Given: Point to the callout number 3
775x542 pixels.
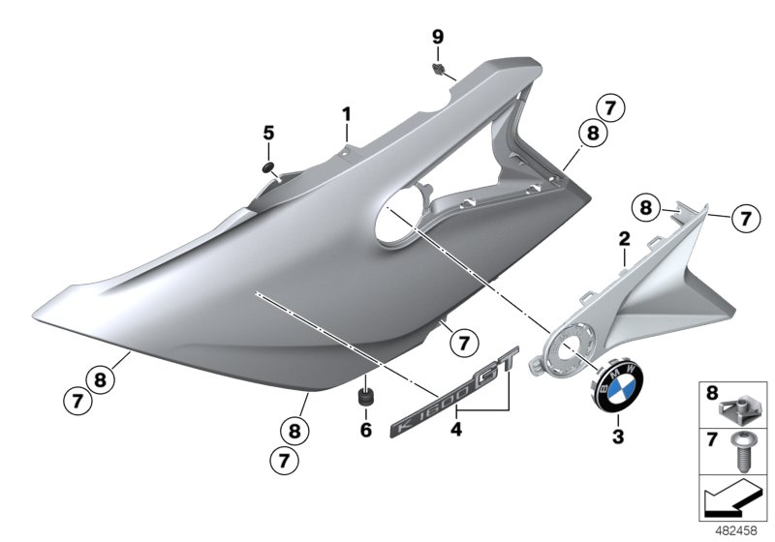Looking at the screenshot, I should [x=618, y=437].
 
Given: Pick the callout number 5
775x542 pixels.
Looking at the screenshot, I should [x=268, y=133].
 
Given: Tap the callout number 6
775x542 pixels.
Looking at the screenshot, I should [x=366, y=430].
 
